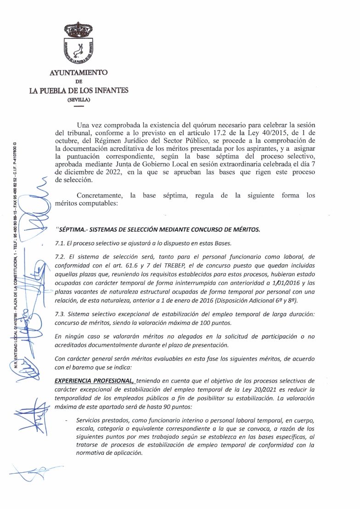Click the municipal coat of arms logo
pyautogui.click(x=79, y=44)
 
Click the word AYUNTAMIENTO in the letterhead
pyautogui.click(x=79, y=73)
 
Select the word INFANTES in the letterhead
pyautogui.click(x=110, y=90)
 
